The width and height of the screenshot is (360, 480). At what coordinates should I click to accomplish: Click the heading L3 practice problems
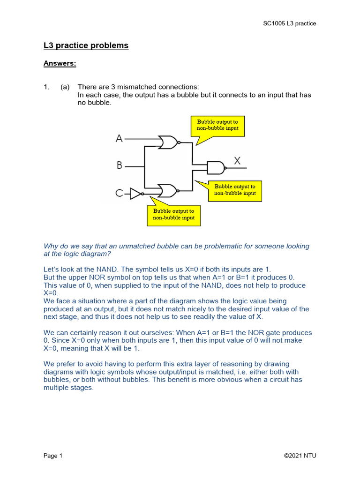point(86,45)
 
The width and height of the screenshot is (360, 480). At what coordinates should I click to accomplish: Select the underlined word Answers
point(60,63)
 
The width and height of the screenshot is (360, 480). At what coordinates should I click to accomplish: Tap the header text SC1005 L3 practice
point(289,23)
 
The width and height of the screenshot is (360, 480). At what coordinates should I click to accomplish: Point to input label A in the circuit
point(119,139)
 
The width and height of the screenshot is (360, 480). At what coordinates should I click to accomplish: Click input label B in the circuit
point(119,165)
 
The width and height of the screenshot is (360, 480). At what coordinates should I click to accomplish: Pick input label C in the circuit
point(119,193)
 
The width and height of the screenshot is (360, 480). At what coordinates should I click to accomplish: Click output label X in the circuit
point(237,161)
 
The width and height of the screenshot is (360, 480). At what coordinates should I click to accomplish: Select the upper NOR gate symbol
point(168,142)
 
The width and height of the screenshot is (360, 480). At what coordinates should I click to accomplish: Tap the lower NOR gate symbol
point(168,190)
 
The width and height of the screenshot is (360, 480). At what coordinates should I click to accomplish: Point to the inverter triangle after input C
point(135,193)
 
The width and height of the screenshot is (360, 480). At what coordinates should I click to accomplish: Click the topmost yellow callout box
point(217,125)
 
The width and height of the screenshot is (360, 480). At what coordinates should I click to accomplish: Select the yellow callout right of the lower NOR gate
point(235,189)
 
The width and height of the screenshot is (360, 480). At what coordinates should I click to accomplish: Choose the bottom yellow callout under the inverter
point(173,215)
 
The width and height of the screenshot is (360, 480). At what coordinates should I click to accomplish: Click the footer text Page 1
point(53,456)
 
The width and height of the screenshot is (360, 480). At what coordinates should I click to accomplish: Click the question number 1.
point(46,87)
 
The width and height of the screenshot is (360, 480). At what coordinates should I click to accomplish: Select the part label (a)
point(65,87)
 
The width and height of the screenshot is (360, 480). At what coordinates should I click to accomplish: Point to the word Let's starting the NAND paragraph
point(52,270)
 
